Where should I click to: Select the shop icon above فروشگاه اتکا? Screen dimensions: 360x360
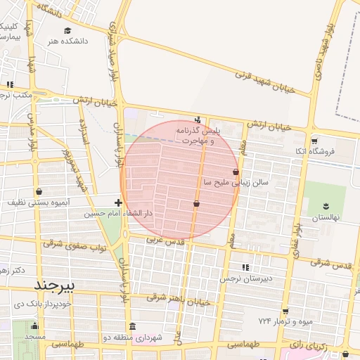pos(314,140)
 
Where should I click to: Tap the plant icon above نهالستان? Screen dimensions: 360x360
pos(326,205)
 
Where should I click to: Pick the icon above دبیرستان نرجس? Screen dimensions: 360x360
pos(245,267)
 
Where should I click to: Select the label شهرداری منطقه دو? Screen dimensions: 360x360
pos(138,338)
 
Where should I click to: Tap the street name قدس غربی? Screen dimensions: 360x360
pos(165,240)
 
